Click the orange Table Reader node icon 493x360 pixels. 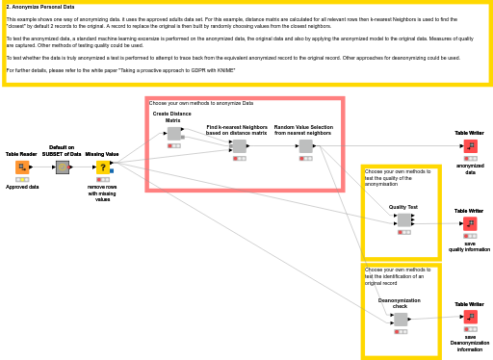pyautogui.click(x=22, y=167)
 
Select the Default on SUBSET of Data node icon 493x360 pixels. pyautogui.click(x=63, y=167)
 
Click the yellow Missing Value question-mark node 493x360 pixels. pyautogui.click(x=102, y=167)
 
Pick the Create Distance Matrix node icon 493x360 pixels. pyautogui.click(x=173, y=134)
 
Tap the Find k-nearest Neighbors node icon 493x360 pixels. pyautogui.click(x=239, y=146)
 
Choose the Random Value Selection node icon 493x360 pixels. pyautogui.click(x=305, y=146)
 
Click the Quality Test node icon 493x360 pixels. pyautogui.click(x=403, y=219)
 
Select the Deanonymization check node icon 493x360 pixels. pyautogui.click(x=401, y=320)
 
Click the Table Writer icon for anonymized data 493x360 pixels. pyautogui.click(x=470, y=146)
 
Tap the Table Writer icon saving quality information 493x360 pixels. pyautogui.click(x=470, y=223)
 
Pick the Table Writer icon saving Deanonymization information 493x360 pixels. pyautogui.click(x=470, y=317)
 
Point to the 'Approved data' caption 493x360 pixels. pyautogui.click(x=22, y=187)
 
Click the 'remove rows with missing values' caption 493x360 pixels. pyautogui.click(x=102, y=193)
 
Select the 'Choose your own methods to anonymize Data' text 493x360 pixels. pyautogui.click(x=201, y=103)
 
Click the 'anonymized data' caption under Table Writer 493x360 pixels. pyautogui.click(x=470, y=168)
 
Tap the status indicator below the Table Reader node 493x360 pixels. pyautogui.click(x=22, y=179)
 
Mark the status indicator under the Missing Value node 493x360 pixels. pyautogui.click(x=102, y=179)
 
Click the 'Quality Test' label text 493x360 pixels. pyautogui.click(x=403, y=207)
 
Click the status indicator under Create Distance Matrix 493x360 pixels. pyautogui.click(x=173, y=145)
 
